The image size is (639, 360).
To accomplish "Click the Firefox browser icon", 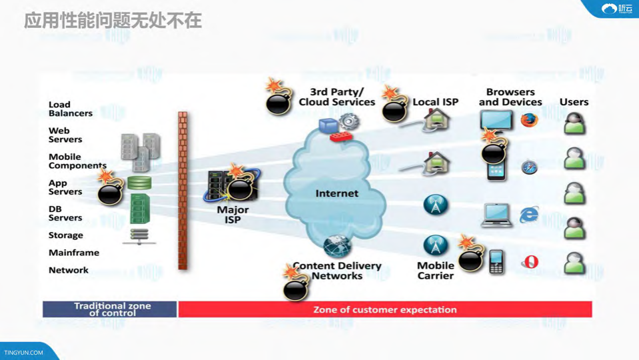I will pyautogui.click(x=529, y=120).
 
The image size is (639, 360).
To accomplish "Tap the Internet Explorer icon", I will pyautogui.click(x=529, y=215).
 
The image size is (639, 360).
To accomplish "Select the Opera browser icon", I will pyautogui.click(x=530, y=262).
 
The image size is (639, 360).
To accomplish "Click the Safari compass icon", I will pyautogui.click(x=529, y=167).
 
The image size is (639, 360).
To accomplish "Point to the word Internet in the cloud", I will pyautogui.click(x=336, y=193).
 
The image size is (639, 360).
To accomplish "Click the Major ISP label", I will pyautogui.click(x=233, y=214).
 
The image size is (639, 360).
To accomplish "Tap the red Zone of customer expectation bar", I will pyautogui.click(x=385, y=309).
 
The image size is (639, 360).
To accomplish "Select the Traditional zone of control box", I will pyautogui.click(x=110, y=309).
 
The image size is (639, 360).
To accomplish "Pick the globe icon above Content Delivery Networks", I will pyautogui.click(x=336, y=246).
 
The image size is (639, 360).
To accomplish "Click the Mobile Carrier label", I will pyautogui.click(x=436, y=270).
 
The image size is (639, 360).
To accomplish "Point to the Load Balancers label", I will pyautogui.click(x=70, y=109).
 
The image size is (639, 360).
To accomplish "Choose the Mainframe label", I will pyautogui.click(x=74, y=253).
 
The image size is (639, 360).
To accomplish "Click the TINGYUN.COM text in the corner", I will pyautogui.click(x=24, y=353).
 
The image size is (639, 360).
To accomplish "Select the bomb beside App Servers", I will pyautogui.click(x=109, y=192).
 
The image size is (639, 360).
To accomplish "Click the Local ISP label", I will pyautogui.click(x=435, y=102).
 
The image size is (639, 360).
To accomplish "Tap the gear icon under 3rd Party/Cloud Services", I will pyautogui.click(x=349, y=121).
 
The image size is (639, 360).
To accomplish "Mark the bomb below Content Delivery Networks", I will pyautogui.click(x=295, y=288).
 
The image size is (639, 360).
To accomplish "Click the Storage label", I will pyautogui.click(x=66, y=235).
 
